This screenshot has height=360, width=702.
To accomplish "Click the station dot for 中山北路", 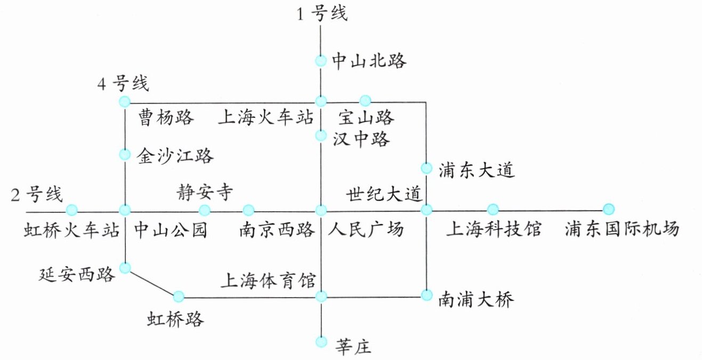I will (321, 61).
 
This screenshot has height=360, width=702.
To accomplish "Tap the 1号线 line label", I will (322, 14).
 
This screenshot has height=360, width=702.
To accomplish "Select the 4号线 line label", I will (124, 84).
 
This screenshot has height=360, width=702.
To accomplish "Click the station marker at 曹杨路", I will (125, 101).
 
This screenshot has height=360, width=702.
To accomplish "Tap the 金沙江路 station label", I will (175, 156).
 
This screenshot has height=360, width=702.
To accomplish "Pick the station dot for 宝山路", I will (365, 100).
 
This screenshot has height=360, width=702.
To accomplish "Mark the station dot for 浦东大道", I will (426, 168).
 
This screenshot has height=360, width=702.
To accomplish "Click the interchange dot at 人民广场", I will (321, 210).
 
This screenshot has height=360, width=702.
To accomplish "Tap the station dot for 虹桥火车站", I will (72, 210).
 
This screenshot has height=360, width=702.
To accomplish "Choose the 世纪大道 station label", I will (384, 193).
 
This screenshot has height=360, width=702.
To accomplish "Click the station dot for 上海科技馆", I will (493, 209).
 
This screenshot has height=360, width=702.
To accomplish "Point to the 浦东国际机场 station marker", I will (608, 209).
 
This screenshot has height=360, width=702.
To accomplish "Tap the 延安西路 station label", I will (77, 275).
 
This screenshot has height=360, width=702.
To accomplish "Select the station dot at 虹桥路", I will (179, 296).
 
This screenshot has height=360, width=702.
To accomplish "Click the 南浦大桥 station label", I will (476, 300).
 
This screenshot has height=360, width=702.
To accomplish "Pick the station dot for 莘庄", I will (321, 341).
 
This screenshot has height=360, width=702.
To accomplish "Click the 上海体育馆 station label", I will (271, 280).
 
